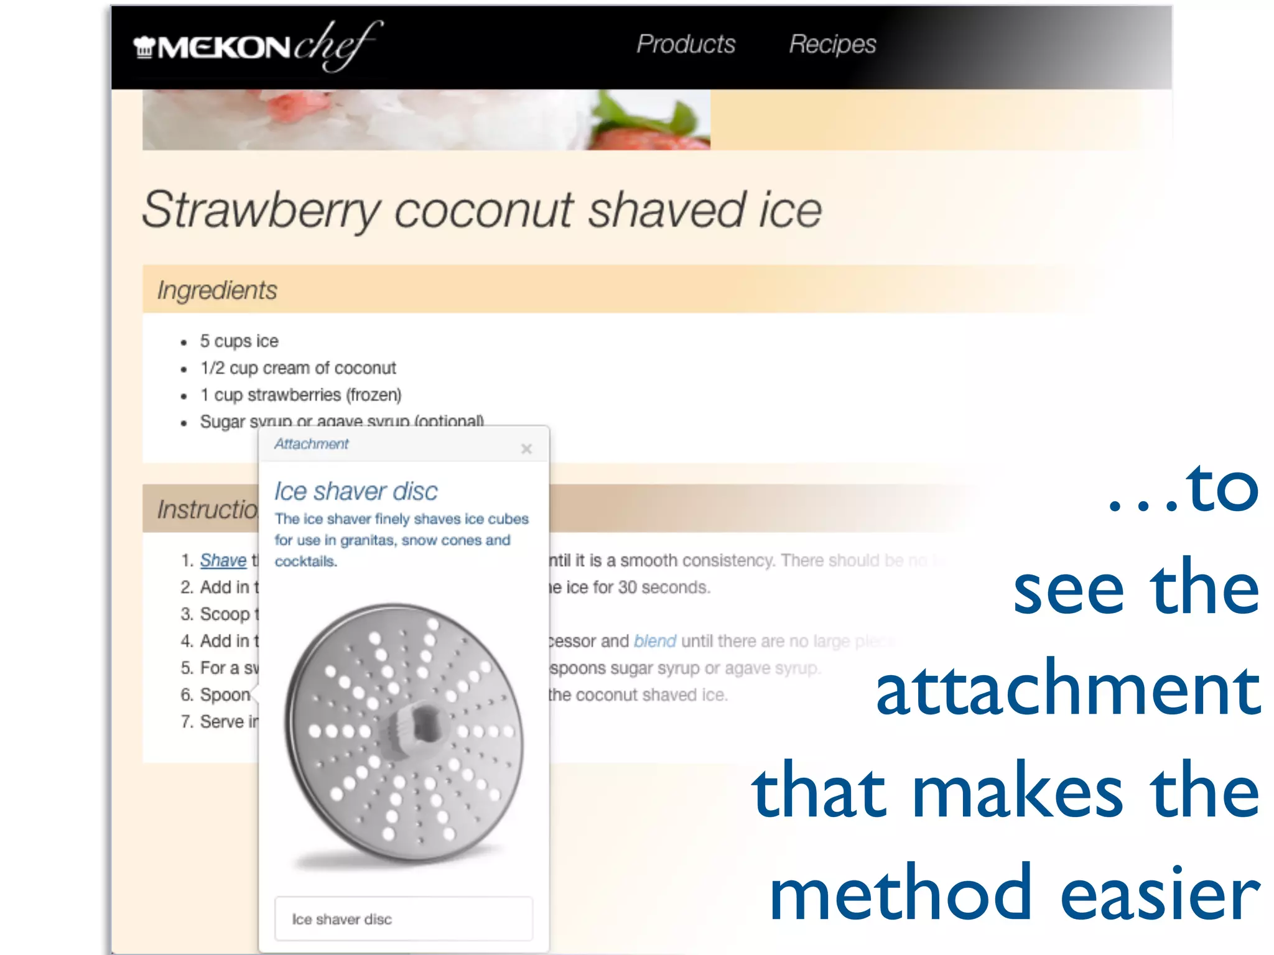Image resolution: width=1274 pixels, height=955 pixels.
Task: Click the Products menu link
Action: [x=686, y=44]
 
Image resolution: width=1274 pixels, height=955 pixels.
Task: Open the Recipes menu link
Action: [x=832, y=44]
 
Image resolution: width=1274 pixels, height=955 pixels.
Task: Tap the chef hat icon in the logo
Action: [x=144, y=47]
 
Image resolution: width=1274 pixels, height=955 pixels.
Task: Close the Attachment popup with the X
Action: [x=526, y=448]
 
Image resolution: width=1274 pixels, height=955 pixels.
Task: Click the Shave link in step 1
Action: [x=223, y=560]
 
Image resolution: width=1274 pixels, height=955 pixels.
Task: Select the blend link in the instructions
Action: [x=654, y=641]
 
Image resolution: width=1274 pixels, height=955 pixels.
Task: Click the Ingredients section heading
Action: [x=217, y=290]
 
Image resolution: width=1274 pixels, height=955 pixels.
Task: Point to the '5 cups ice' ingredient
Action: [x=239, y=341]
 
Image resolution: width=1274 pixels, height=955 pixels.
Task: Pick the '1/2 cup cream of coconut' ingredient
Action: [x=298, y=368]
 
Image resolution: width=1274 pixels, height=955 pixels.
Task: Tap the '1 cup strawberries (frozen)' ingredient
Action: [x=300, y=395]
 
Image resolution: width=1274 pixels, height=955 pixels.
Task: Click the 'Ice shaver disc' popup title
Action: [x=356, y=491]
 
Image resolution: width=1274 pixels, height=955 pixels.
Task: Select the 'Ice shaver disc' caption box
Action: [x=404, y=918]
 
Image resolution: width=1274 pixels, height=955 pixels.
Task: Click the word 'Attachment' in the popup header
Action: [x=312, y=444]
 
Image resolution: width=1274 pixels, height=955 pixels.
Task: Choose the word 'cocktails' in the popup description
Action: [x=305, y=561]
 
